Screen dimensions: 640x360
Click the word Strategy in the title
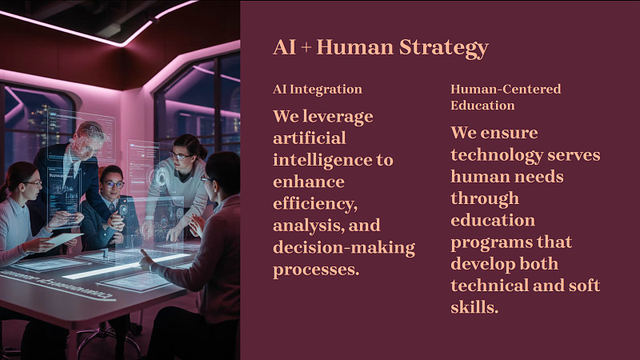pyautogui.click(x=444, y=48)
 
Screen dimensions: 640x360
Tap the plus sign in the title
pyautogui.click(x=306, y=47)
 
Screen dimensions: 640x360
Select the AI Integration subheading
pyautogui.click(x=318, y=90)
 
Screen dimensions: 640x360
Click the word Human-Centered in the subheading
pyautogui.click(x=506, y=89)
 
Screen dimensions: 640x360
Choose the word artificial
pyautogui.click(x=310, y=138)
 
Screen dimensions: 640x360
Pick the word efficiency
pyautogui.click(x=315, y=204)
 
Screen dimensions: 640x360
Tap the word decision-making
pyautogui.click(x=344, y=248)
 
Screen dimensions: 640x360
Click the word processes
pyautogui.click(x=316, y=270)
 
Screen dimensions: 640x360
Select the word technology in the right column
pyautogui.click(x=497, y=155)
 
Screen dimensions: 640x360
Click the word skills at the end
pyautogui.click(x=474, y=307)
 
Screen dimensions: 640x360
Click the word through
pyautogui.click(x=485, y=198)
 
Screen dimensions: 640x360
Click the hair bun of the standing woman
pyautogui.click(x=202, y=150)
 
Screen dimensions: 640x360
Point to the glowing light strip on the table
pyautogui.click(x=126, y=266)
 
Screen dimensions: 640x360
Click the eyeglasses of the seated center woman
pyautogui.click(x=113, y=184)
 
